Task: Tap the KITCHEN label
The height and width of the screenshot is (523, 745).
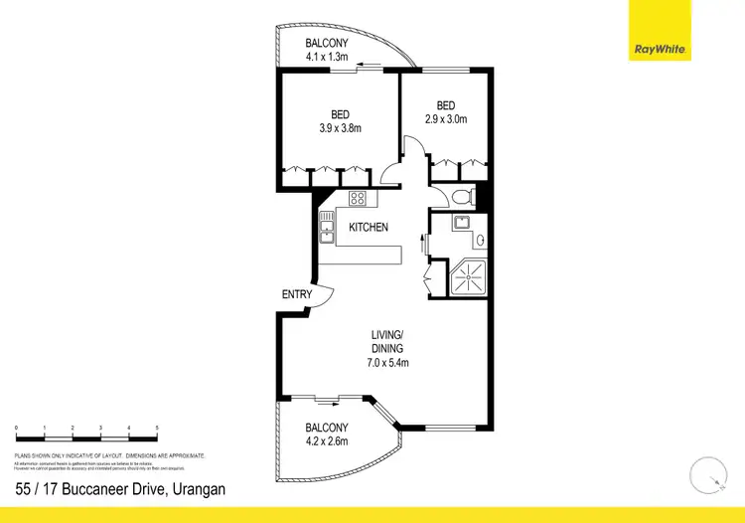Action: (x=368, y=228)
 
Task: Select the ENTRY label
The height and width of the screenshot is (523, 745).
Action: (x=297, y=294)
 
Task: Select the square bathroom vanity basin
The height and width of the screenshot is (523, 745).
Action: (x=461, y=223)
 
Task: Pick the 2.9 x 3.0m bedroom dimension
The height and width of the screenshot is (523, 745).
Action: (x=446, y=119)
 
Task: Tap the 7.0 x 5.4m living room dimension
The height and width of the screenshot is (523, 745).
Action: (x=387, y=363)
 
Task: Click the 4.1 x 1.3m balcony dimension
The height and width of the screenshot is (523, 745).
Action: (x=326, y=58)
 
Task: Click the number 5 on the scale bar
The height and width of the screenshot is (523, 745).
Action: (x=157, y=427)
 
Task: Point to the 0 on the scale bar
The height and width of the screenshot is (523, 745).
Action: (x=16, y=427)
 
